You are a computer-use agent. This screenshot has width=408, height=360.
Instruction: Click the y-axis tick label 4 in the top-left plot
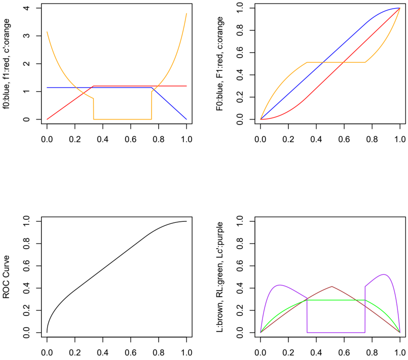26,8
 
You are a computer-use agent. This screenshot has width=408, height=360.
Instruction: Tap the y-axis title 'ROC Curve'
6,277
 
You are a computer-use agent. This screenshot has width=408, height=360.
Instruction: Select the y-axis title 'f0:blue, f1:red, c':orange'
6,64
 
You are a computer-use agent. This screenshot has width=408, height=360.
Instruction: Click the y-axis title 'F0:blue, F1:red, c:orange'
219,64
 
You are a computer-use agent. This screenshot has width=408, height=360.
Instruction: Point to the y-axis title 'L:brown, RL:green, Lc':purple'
219,277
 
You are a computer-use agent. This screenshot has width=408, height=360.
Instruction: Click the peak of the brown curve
332,287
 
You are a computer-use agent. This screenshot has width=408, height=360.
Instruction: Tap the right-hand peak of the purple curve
384,274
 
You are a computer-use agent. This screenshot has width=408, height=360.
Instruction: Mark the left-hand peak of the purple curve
279,285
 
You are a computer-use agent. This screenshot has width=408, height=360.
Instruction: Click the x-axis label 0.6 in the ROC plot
131,352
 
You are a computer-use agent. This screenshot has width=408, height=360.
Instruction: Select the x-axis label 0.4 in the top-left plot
103,139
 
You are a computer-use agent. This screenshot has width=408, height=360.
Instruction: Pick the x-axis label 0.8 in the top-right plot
372,139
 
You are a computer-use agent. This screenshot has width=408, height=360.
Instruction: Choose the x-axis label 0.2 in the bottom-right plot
288,352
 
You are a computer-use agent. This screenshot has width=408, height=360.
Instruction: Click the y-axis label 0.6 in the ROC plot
26,266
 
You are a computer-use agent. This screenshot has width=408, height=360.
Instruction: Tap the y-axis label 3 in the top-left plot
26,36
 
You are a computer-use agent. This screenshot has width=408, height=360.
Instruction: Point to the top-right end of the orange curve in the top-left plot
187,14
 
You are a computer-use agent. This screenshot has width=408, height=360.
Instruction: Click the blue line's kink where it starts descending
152,88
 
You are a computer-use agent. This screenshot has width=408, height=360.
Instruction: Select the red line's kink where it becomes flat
93,86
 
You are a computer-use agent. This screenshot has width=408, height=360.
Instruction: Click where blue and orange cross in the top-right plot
323,62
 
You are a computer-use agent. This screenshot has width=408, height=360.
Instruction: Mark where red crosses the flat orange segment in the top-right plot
344,62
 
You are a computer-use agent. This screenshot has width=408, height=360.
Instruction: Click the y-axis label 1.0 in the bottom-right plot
240,221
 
